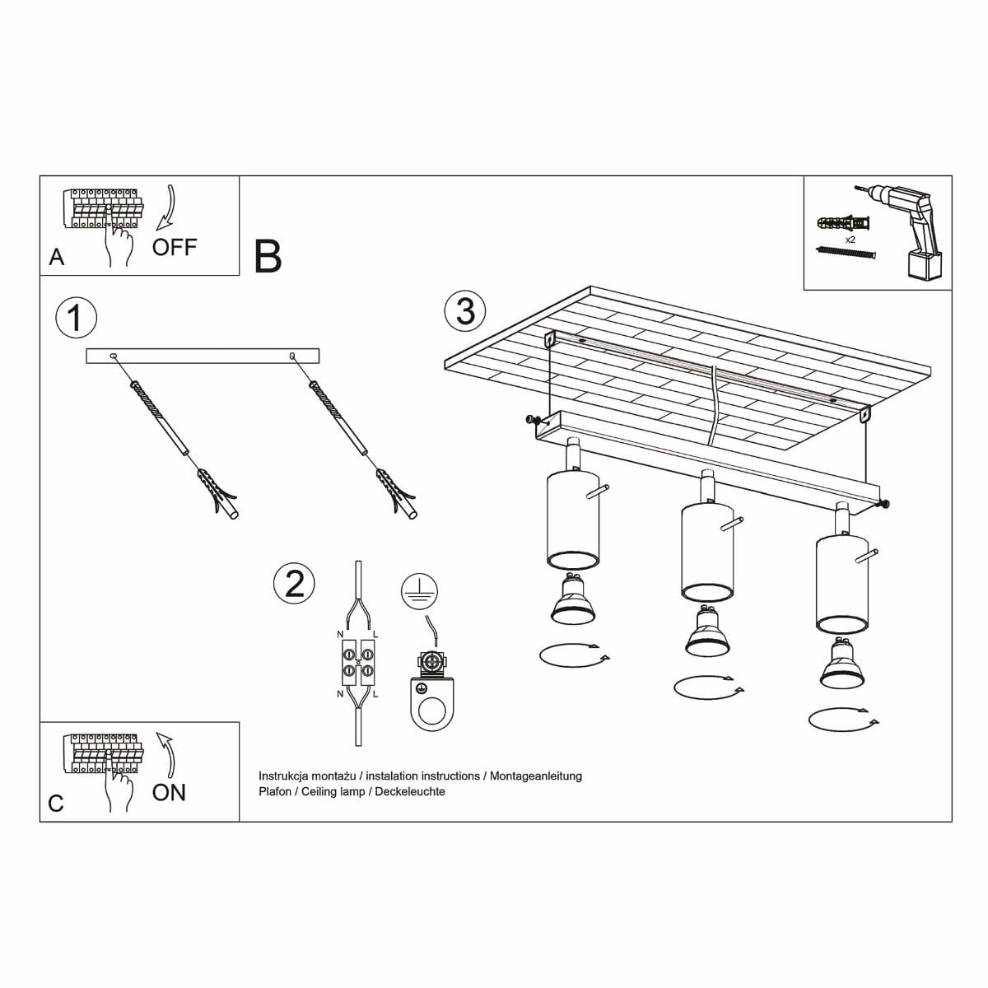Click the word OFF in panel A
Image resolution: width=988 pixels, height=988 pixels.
click(x=175, y=246)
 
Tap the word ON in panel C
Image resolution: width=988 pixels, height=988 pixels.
click(x=169, y=792)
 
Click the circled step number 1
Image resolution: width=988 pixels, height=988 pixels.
click(x=76, y=318)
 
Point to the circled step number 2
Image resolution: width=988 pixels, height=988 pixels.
click(x=294, y=583)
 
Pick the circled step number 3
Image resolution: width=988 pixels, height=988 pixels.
click(x=465, y=311)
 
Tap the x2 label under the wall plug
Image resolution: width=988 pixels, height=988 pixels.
click(x=851, y=240)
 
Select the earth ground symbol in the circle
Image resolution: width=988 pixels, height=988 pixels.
click(x=419, y=591)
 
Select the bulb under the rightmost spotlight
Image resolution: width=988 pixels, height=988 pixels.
click(x=841, y=665)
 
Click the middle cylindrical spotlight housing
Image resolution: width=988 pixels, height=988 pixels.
click(x=706, y=553)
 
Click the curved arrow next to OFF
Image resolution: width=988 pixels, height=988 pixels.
click(x=167, y=206)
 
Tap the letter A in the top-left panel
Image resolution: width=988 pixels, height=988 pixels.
click(x=56, y=257)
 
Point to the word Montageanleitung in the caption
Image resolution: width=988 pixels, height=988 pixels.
click(x=535, y=776)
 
